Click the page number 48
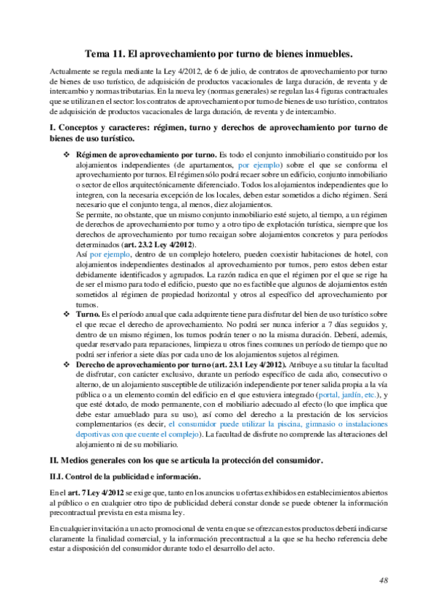click(384, 580)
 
